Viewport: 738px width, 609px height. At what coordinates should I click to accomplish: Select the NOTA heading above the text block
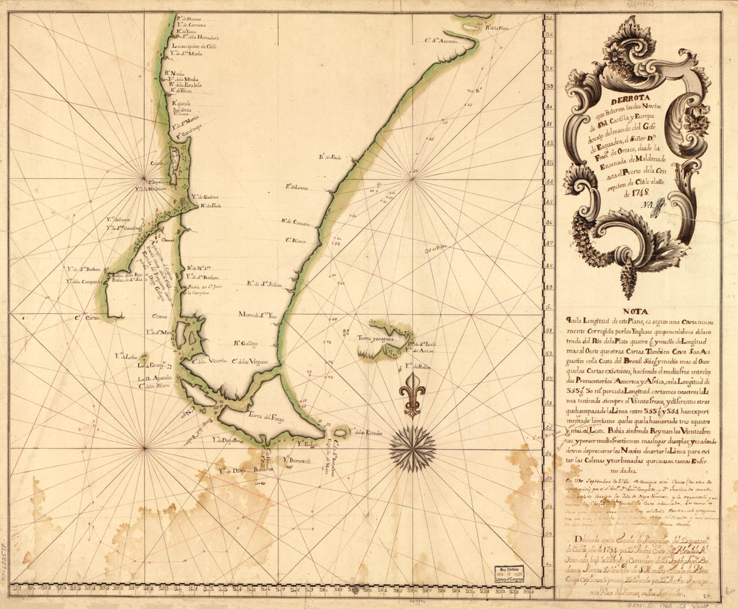635,311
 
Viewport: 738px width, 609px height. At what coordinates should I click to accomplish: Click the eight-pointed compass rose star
413,448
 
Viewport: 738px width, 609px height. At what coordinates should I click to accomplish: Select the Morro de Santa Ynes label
258,314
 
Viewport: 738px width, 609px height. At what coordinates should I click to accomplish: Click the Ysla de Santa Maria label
185,53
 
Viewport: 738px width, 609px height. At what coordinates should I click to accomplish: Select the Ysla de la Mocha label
184,78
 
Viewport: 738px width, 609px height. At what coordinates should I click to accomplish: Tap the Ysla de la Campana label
83,281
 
